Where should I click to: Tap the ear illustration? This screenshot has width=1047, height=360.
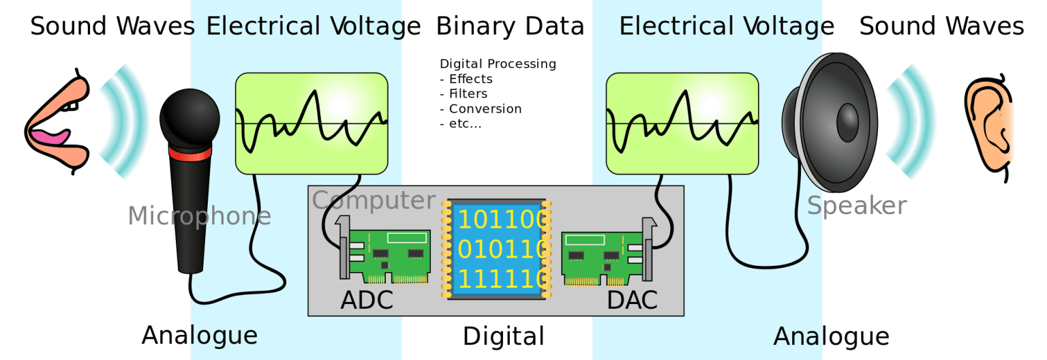(x=988, y=126)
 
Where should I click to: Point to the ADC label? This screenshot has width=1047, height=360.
(x=367, y=299)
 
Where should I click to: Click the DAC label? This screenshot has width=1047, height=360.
(x=632, y=299)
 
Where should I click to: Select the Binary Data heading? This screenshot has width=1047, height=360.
(x=510, y=27)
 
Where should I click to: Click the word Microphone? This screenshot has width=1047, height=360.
(x=199, y=216)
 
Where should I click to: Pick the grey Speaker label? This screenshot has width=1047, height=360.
(x=857, y=205)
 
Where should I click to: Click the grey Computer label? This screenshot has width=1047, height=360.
(x=374, y=200)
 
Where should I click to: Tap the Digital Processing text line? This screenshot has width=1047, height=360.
(x=498, y=64)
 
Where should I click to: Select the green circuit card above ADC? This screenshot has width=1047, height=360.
(x=389, y=256)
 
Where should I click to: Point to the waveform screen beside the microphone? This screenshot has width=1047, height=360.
(x=312, y=123)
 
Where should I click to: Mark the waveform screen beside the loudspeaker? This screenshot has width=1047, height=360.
(x=682, y=123)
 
